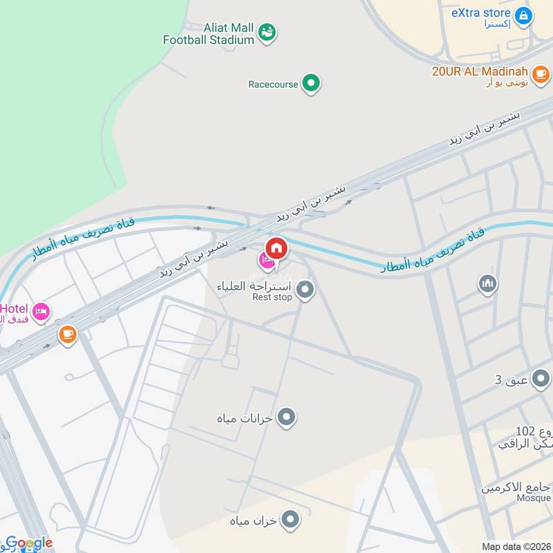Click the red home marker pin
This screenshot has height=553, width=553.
276,248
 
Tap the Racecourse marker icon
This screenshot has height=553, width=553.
312,84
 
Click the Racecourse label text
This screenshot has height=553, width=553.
273,84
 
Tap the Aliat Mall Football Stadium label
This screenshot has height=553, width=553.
209,33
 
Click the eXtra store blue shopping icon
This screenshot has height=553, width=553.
524,15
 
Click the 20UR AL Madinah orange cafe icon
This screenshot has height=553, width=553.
541,72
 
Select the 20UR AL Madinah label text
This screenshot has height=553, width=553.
480,72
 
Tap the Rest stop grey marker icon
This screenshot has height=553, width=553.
306,290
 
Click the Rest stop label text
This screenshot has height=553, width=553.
272,297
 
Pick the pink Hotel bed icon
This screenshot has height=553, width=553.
41,312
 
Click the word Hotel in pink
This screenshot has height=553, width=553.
13,308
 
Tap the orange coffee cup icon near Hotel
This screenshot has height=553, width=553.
67,335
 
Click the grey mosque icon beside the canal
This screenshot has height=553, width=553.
488,283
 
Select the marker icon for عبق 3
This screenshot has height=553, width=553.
541,379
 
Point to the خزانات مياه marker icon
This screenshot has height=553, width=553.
287,418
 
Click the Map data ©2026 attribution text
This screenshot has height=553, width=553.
516,547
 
